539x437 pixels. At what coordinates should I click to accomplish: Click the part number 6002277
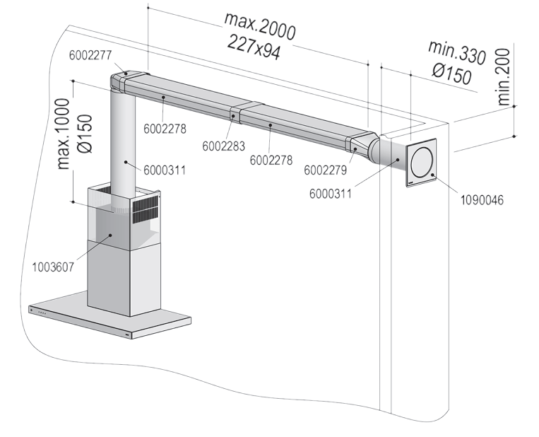[x=90, y=55]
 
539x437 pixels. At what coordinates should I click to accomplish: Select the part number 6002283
[x=223, y=146]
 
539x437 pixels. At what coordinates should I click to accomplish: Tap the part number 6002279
[x=326, y=170]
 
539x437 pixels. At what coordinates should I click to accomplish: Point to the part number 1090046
[x=482, y=200]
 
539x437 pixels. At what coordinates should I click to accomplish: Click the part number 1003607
[x=53, y=267]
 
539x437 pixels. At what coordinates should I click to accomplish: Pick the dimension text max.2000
[x=260, y=26]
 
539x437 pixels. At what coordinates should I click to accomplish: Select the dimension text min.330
[x=457, y=52]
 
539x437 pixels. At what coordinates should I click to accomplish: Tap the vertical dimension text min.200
[x=503, y=77]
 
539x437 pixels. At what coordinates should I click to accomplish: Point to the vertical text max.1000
[x=64, y=134]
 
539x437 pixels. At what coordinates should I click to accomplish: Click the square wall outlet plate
[x=422, y=163]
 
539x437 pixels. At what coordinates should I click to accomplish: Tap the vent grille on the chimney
[x=146, y=211]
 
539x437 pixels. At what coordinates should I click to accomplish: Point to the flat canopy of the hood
[x=109, y=315]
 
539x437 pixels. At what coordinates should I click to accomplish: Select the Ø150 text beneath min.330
[x=451, y=75]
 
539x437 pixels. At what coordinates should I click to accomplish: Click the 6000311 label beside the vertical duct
[x=165, y=170]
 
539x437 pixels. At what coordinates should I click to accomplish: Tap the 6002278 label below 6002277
[x=165, y=129]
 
